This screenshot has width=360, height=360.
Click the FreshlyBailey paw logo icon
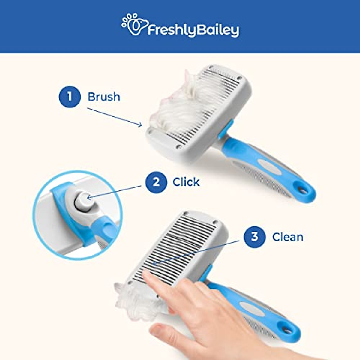[134, 25]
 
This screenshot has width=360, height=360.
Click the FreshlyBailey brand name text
[193, 30]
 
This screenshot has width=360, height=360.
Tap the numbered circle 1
[70, 97]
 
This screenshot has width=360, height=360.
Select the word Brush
[104, 97]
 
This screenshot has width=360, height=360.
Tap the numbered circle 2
[156, 182]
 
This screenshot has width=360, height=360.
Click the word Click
[186, 182]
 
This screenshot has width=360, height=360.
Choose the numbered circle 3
[254, 237]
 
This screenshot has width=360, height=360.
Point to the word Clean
[288, 237]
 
